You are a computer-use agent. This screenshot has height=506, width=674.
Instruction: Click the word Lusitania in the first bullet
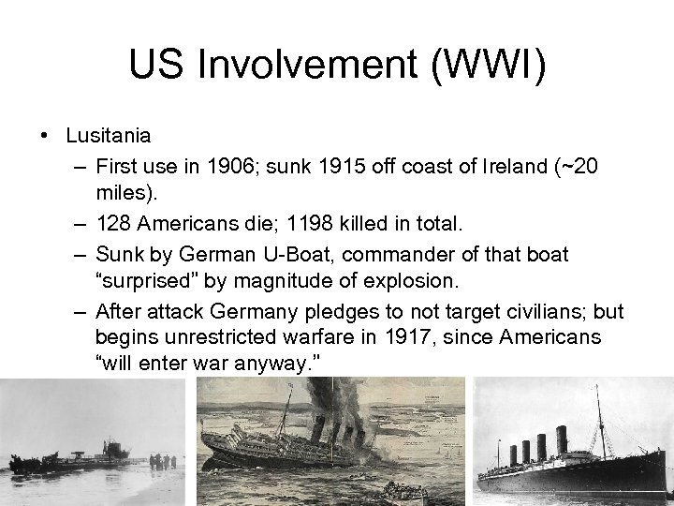click(108, 135)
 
